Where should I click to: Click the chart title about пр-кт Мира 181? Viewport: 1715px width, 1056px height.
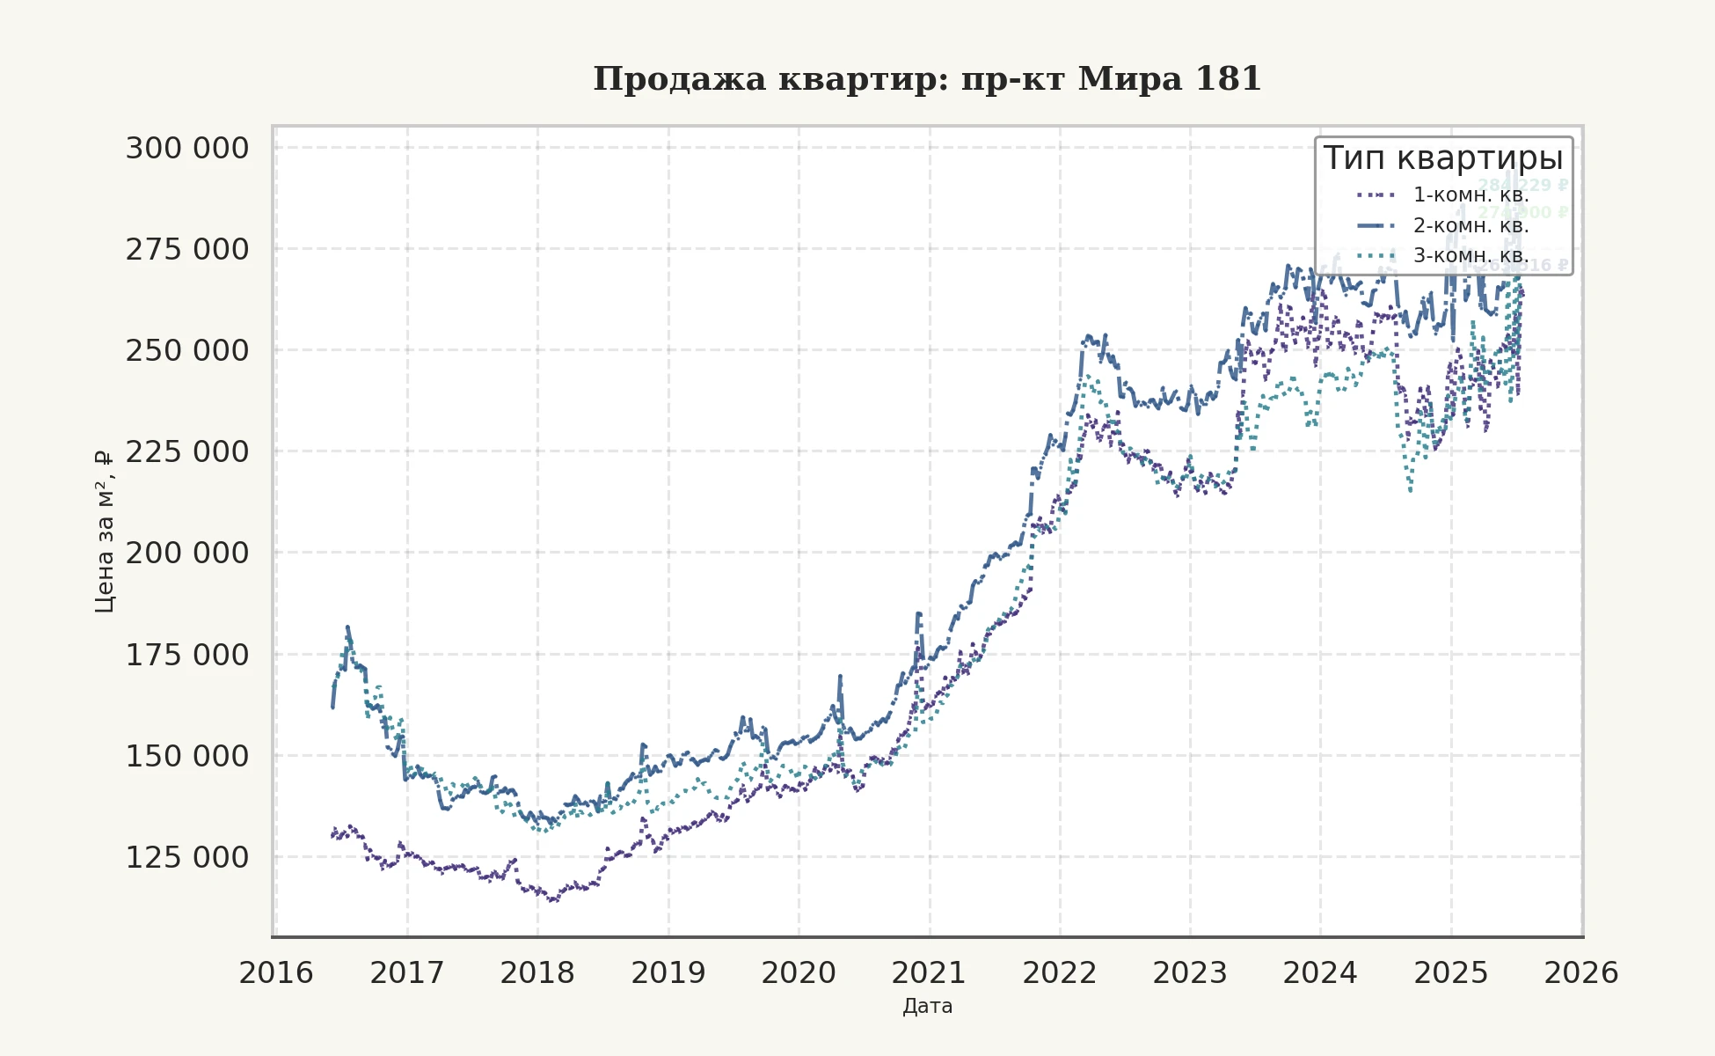pyautogui.click(x=927, y=79)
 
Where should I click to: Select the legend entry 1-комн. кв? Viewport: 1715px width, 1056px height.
pyautogui.click(x=1471, y=194)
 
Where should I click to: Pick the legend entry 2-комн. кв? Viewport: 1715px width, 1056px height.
pyautogui.click(x=1471, y=225)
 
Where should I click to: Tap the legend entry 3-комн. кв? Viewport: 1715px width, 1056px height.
pyautogui.click(x=1471, y=256)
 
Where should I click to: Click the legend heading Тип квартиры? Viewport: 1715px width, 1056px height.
pyautogui.click(x=1443, y=158)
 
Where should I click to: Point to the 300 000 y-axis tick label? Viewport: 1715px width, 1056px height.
pyautogui.click(x=187, y=148)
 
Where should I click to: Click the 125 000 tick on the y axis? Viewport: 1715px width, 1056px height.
pyautogui.click(x=187, y=857)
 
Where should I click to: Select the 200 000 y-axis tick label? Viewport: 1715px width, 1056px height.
pyautogui.click(x=187, y=554)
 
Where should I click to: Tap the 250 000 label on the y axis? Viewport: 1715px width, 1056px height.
pyautogui.click(x=187, y=351)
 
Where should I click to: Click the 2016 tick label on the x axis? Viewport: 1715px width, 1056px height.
pyautogui.click(x=276, y=973)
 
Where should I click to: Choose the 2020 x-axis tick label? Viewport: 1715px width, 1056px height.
pyautogui.click(x=799, y=973)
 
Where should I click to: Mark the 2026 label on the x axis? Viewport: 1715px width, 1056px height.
pyautogui.click(x=1581, y=973)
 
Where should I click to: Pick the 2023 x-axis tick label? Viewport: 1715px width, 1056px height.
pyautogui.click(x=1190, y=973)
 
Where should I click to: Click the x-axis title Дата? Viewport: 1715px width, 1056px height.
pyautogui.click(x=927, y=1007)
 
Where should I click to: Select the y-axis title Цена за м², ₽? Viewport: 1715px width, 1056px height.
pyautogui.click(x=105, y=532)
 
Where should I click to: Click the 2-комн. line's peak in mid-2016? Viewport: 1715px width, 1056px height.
pyautogui.click(x=347, y=627)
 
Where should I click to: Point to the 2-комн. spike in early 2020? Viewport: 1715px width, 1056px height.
pyautogui.click(x=840, y=677)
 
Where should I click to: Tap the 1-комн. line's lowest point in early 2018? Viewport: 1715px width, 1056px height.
pyautogui.click(x=553, y=900)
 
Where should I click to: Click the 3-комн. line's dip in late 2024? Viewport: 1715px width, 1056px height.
pyautogui.click(x=1410, y=490)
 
